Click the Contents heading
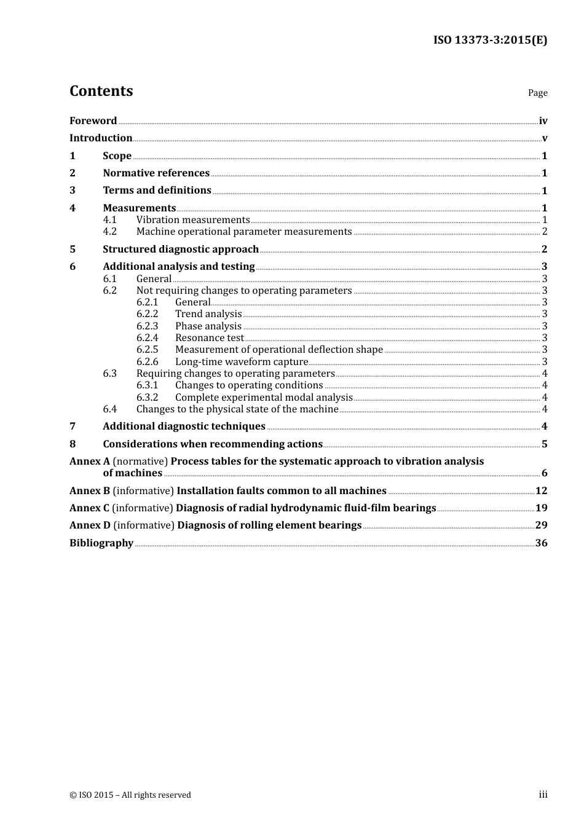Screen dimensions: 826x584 pos(101,91)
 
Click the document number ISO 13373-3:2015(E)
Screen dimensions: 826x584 pos(490,40)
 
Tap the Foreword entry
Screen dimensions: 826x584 pos(93,121)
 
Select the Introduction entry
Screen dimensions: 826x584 pos(101,138)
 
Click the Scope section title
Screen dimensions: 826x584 pos(117,156)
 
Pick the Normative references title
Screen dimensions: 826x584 pos(156,173)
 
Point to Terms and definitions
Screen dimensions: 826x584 pos(157,191)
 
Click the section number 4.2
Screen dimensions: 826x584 pos(109,232)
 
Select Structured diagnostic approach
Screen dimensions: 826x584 pos(180,250)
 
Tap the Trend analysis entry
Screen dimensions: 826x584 pos(208,314)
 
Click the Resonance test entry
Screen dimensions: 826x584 pos(209,338)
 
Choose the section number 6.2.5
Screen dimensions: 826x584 pos(147,350)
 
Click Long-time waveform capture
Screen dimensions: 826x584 pos(241,362)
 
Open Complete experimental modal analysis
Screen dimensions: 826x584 pos(264,398)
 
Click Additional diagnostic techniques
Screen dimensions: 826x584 pos(184,427)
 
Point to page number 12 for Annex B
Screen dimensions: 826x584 pos(541,491)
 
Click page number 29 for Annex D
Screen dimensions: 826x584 pos(541,525)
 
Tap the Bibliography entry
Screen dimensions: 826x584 pos(101,543)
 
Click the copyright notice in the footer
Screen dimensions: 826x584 pos(130,795)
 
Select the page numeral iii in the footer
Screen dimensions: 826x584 pos(543,795)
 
